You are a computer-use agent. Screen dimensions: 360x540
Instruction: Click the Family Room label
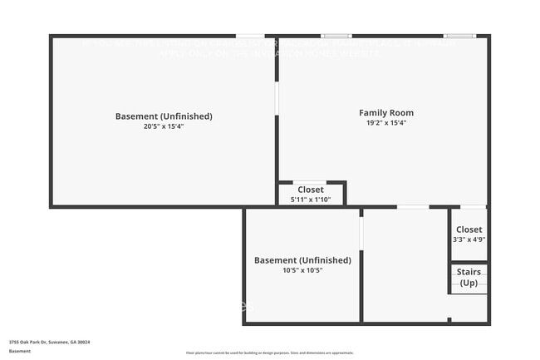click(385, 113)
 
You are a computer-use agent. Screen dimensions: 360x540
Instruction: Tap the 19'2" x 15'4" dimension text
click(385, 123)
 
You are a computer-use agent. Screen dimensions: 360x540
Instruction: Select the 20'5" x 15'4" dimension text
click(164, 127)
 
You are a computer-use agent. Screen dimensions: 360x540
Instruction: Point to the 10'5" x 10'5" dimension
click(302, 270)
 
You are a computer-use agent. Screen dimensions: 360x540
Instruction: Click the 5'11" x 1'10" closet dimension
click(311, 200)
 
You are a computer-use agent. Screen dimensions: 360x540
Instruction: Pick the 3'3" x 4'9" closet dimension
click(469, 239)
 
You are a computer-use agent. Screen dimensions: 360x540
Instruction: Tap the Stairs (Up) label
click(469, 277)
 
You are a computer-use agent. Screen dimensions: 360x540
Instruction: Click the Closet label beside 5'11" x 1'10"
click(311, 190)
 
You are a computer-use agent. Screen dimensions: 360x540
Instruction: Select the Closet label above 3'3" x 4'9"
click(469, 229)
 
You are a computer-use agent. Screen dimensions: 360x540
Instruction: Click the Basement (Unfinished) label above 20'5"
click(164, 116)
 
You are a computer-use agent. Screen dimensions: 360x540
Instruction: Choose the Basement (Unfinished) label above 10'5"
click(302, 260)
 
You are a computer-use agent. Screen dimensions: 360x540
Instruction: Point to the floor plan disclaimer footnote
click(269, 353)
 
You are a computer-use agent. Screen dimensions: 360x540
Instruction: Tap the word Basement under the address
click(20, 351)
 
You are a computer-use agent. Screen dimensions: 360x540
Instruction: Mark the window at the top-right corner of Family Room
click(459, 36)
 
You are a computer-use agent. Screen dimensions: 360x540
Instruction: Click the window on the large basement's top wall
click(250, 36)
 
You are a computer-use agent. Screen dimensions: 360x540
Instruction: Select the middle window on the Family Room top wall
click(336, 36)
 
